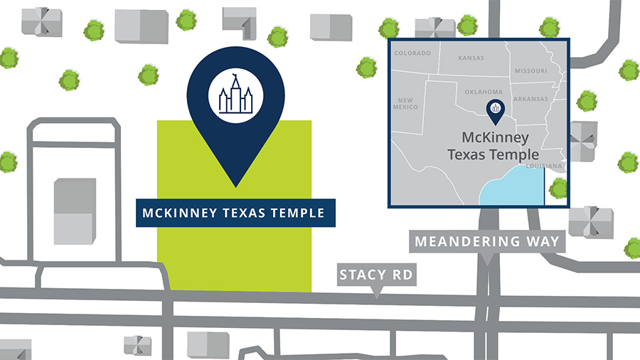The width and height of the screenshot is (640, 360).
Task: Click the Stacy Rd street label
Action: tap(376, 275)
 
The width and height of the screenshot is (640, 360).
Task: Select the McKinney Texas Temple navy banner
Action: tap(235, 213)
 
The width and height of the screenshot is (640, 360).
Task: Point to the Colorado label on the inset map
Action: tap(413, 54)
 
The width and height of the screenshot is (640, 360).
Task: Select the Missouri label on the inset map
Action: tap(531, 72)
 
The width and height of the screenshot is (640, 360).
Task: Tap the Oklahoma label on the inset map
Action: tap(483, 92)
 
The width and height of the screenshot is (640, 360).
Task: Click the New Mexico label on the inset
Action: tap(408, 103)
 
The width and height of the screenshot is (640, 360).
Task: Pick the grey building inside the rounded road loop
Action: tap(74, 211)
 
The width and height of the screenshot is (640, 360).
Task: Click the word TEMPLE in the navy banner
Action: tap(298, 213)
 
